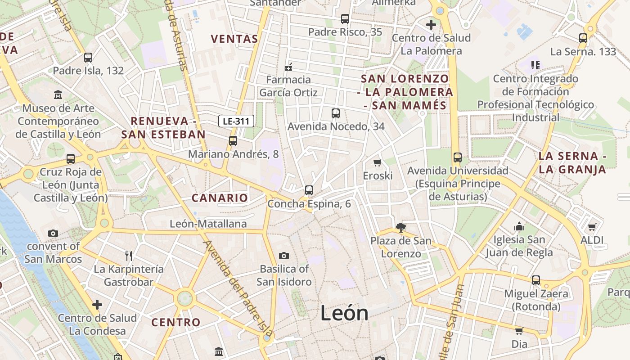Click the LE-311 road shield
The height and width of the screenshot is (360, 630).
236,121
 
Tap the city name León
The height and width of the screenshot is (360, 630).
344,313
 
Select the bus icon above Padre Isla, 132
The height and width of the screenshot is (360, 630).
88,58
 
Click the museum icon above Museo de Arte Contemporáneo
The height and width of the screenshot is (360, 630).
58,95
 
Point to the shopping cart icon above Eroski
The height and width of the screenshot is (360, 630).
378,162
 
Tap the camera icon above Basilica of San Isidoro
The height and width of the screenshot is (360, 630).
283,256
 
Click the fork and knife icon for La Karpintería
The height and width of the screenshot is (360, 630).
129,256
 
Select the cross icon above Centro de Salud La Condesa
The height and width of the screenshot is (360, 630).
97,305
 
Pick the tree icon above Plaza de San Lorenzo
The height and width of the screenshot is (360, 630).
400,228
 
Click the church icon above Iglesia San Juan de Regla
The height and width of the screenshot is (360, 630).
519,226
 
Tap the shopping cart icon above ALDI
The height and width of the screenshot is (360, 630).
592,227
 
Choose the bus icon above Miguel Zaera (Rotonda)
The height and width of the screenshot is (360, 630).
536,280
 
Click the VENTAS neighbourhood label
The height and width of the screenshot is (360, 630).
234,39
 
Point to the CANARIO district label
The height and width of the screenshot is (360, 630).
220,198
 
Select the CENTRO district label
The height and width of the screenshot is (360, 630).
175,322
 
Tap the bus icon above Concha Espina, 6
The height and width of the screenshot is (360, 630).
309,190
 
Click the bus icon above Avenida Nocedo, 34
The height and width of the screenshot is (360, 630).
336,113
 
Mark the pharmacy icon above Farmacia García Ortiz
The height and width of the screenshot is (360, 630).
288,67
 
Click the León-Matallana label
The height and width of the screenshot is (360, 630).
208,224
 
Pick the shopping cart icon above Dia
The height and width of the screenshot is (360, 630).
519,331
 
